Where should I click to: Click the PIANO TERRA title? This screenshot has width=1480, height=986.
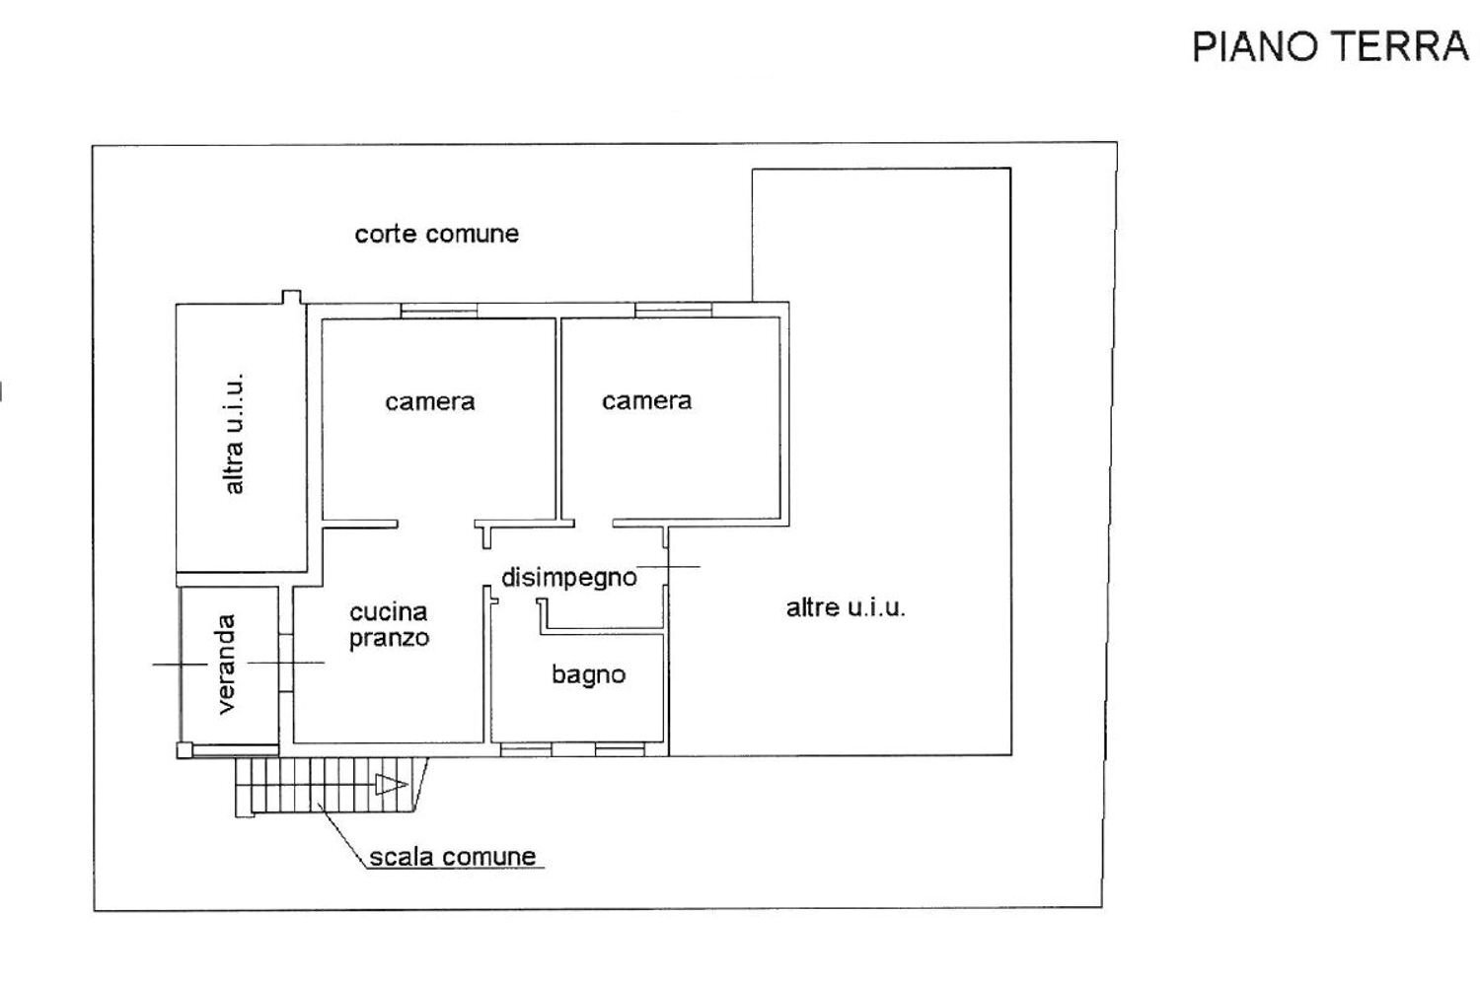(1330, 46)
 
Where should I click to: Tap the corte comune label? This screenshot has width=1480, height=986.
(436, 234)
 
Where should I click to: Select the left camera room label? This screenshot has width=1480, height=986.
(429, 401)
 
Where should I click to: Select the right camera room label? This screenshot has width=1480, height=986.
(646, 400)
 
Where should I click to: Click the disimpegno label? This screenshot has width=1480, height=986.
(568, 577)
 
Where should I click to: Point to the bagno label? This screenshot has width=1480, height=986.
(588, 674)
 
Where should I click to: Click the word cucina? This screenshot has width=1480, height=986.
(388, 612)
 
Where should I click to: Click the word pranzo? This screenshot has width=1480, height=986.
(390, 638)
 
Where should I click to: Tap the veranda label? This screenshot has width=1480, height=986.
(226, 664)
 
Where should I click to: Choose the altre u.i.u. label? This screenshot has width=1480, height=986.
(846, 607)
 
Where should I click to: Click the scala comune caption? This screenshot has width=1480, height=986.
(453, 856)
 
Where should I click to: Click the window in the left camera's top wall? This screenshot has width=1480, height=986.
(439, 311)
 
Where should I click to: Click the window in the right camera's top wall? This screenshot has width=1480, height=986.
(673, 310)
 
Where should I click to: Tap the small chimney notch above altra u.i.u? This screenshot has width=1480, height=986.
(291, 297)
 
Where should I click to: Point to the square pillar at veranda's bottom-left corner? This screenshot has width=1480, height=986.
(184, 750)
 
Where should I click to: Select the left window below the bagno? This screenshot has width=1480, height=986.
(525, 750)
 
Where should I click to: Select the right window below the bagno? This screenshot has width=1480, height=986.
(620, 750)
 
